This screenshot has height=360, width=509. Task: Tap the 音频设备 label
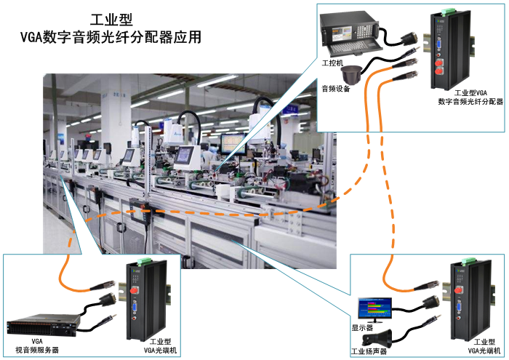[337, 89]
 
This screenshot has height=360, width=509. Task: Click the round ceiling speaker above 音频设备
[353, 74]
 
